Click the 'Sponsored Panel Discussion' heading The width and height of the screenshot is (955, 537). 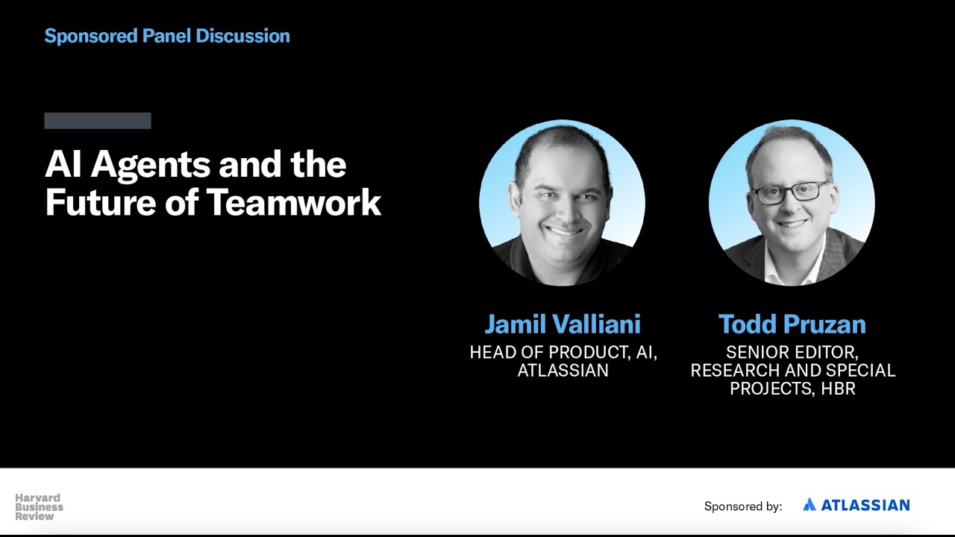pyautogui.click(x=167, y=36)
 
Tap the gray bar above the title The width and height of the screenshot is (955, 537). pyautogui.click(x=98, y=121)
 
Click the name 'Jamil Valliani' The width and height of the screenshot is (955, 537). pyautogui.click(x=563, y=324)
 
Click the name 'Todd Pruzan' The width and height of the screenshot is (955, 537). pyautogui.click(x=792, y=324)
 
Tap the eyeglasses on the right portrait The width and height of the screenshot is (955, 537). pyautogui.click(x=789, y=192)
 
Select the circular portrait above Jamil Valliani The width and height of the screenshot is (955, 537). pyautogui.click(x=562, y=203)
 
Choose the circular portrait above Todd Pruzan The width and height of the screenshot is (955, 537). pyautogui.click(x=792, y=203)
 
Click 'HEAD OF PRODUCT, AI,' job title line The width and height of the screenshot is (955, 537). pyautogui.click(x=563, y=353)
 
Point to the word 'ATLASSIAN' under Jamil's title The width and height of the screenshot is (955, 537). pyautogui.click(x=563, y=371)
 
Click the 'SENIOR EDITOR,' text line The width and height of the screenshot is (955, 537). pyautogui.click(x=792, y=352)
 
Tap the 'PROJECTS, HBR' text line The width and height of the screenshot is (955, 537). pyautogui.click(x=792, y=389)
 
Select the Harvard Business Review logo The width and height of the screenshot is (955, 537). pyautogui.click(x=39, y=506)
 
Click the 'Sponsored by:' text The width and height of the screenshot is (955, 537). pyautogui.click(x=743, y=506)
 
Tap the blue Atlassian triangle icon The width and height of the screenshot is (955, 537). pyautogui.click(x=810, y=505)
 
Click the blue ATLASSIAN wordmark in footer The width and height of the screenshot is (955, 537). pyautogui.click(x=865, y=505)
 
